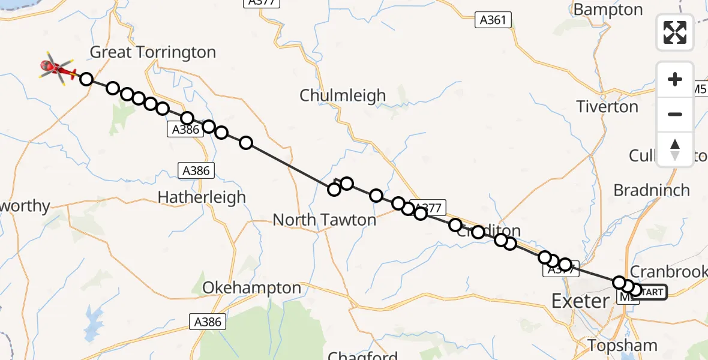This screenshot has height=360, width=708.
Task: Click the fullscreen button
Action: [x=675, y=32]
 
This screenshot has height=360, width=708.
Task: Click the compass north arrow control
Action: [x=675, y=149]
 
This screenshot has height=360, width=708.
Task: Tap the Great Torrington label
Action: [x=152, y=52]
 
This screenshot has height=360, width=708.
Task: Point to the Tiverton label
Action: [x=607, y=107]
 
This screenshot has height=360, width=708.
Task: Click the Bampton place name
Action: [x=608, y=10]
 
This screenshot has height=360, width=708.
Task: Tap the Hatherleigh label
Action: [x=202, y=197]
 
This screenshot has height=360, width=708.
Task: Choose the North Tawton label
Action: [x=324, y=220]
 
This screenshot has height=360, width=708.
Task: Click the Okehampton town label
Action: [x=251, y=288]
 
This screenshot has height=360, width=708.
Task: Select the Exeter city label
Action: [x=580, y=301]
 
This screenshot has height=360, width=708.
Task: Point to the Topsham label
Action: [x=623, y=346]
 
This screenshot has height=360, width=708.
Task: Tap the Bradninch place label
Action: [x=652, y=190]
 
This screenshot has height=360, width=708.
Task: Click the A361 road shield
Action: [x=494, y=20]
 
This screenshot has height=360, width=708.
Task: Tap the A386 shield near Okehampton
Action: [x=208, y=322]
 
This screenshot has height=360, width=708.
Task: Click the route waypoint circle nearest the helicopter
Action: [x=86, y=79]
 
